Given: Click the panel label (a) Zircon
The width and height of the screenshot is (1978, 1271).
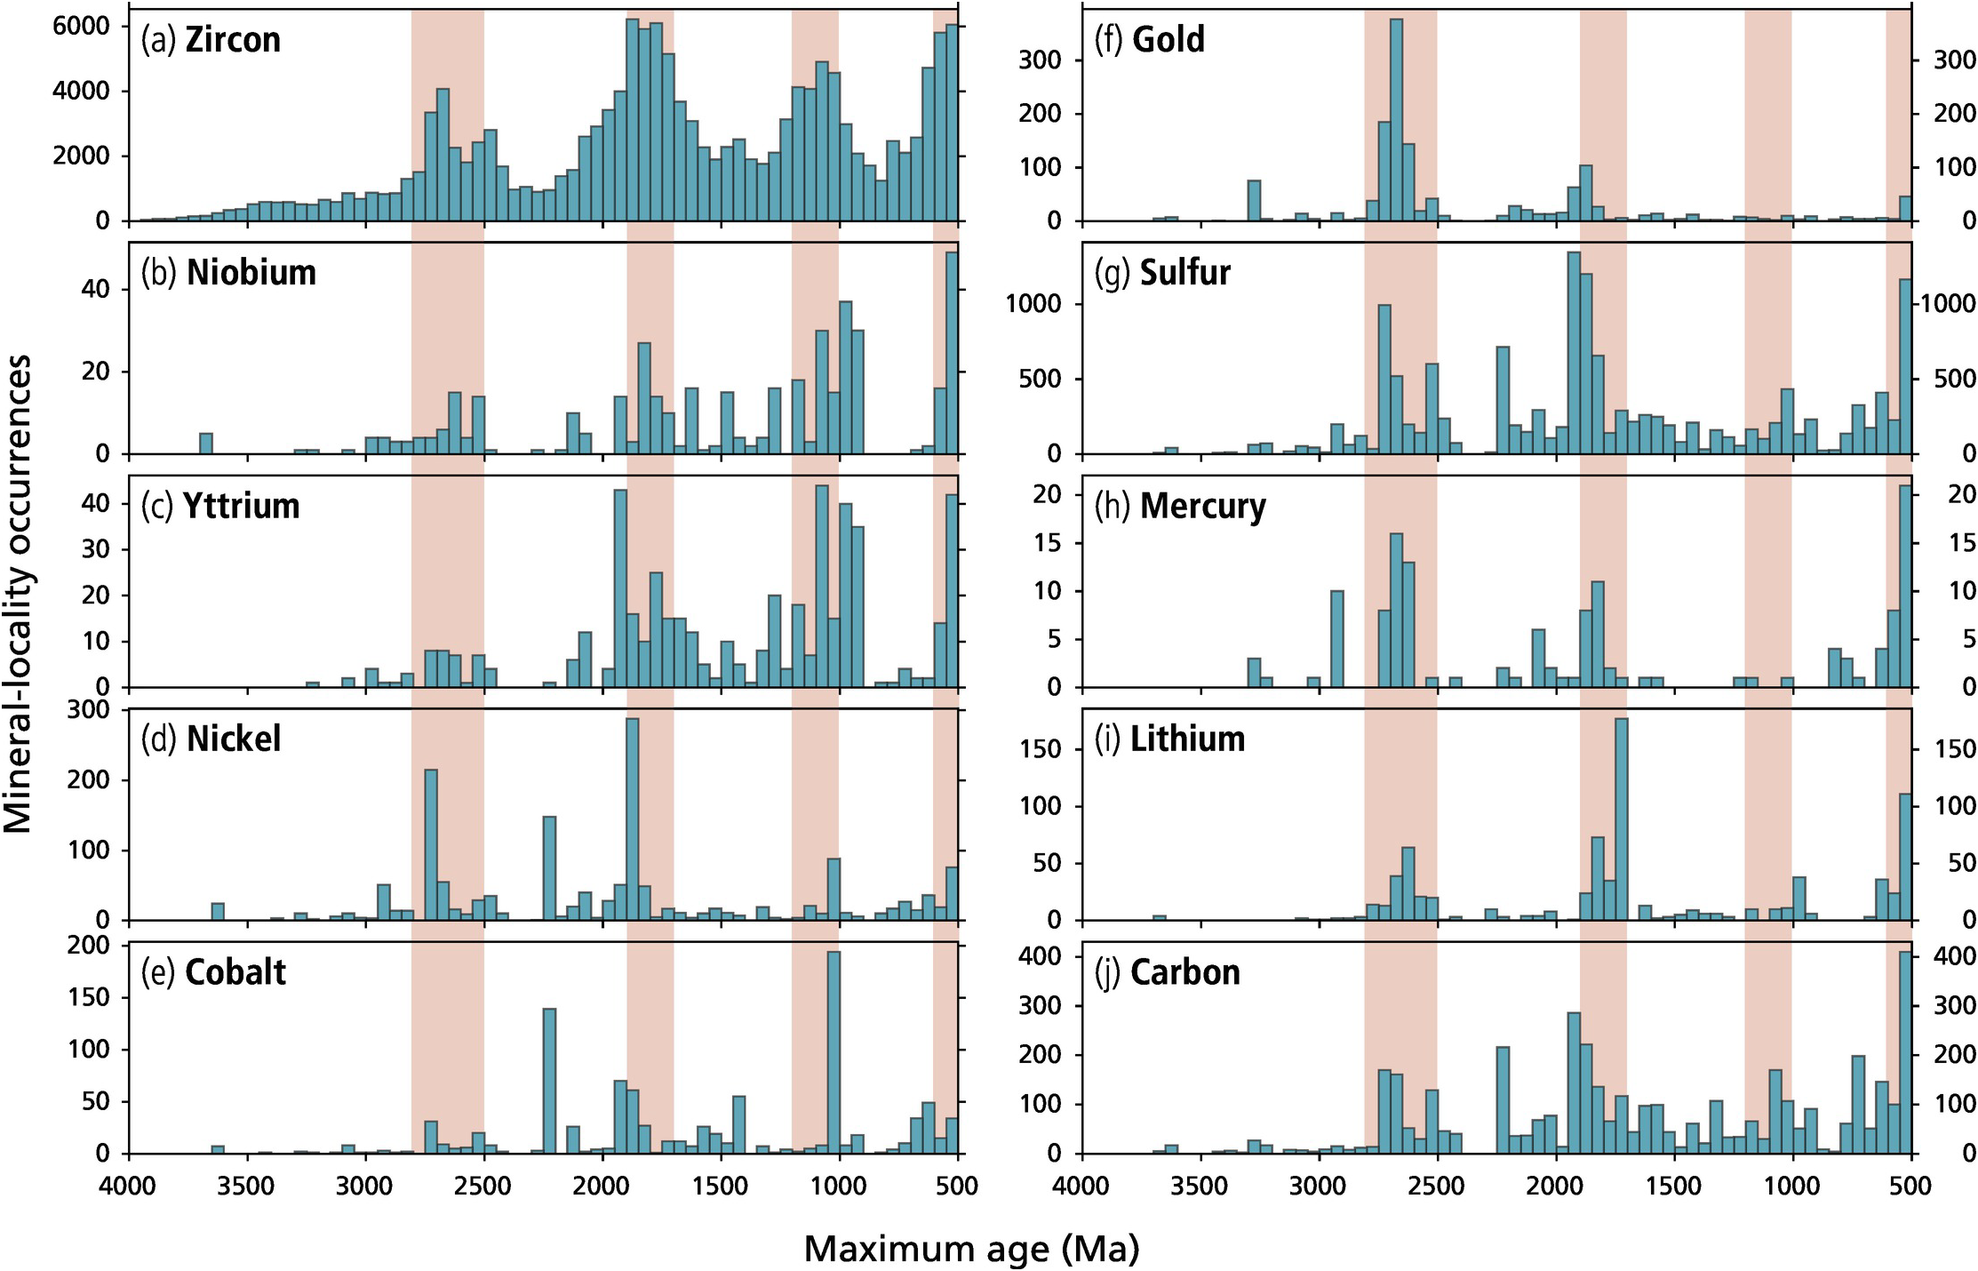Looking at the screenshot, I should (x=211, y=40).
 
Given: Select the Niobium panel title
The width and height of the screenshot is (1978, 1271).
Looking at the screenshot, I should (x=228, y=273).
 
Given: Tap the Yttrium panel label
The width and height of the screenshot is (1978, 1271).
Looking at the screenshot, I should (x=220, y=506).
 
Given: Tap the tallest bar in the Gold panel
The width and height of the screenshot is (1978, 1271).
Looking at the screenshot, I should (x=1396, y=120).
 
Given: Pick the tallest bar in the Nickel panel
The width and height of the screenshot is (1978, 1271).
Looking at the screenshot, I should (x=633, y=818).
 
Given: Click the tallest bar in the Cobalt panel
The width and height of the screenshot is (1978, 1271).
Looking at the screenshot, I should (x=833, y=1052).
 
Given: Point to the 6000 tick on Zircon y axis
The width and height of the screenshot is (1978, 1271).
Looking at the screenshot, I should (x=81, y=27).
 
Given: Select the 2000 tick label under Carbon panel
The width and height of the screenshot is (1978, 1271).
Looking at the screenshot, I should (x=1555, y=1186).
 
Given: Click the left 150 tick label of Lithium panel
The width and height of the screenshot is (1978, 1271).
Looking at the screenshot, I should (x=1042, y=749).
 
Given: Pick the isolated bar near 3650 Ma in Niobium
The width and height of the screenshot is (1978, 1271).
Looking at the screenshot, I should (x=206, y=443).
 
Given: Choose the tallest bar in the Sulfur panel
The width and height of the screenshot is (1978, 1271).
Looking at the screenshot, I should (x=1574, y=353).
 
